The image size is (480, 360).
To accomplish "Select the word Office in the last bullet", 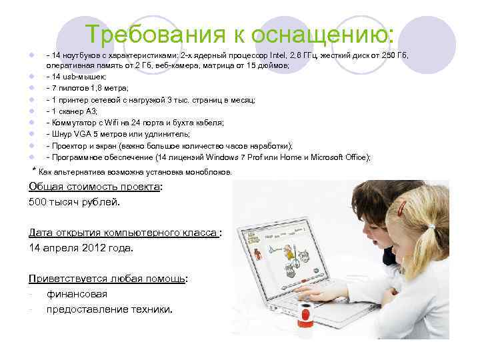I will pos(355,157).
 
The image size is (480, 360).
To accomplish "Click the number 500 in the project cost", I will pos(39,201).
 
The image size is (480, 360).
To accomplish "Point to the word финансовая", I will pos(77,293).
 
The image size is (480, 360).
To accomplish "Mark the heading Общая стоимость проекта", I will pos(94,187).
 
